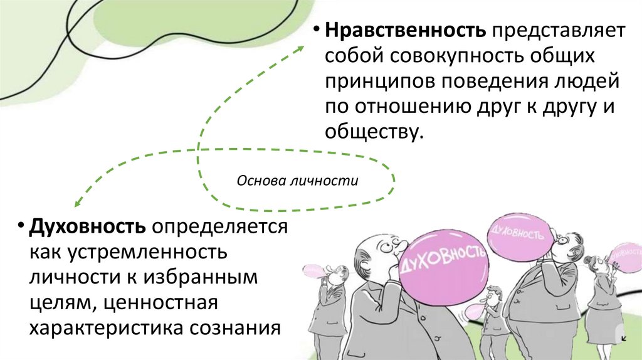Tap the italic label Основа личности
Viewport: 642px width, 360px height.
(x=297, y=181)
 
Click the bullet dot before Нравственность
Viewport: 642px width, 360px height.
(x=318, y=31)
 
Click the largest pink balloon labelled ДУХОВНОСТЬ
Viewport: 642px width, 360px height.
(x=442, y=262)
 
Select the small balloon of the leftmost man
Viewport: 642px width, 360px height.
(x=311, y=271)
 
